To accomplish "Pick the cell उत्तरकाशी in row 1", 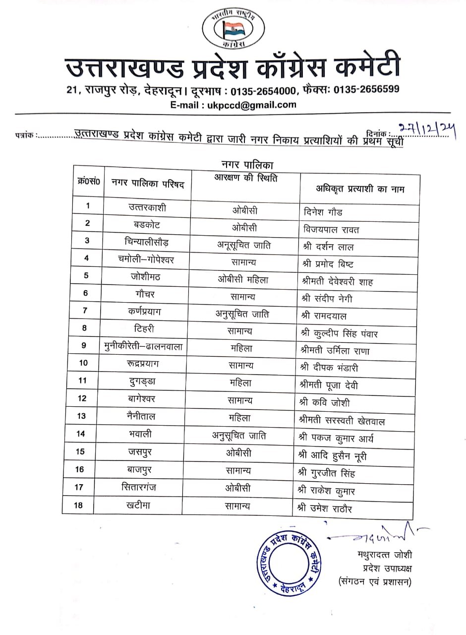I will click(x=147, y=208).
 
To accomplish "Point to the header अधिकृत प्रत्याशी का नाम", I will click(x=360, y=189).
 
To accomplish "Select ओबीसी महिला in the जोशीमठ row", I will click(x=243, y=279).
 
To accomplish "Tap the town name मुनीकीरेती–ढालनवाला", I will click(x=143, y=346).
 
